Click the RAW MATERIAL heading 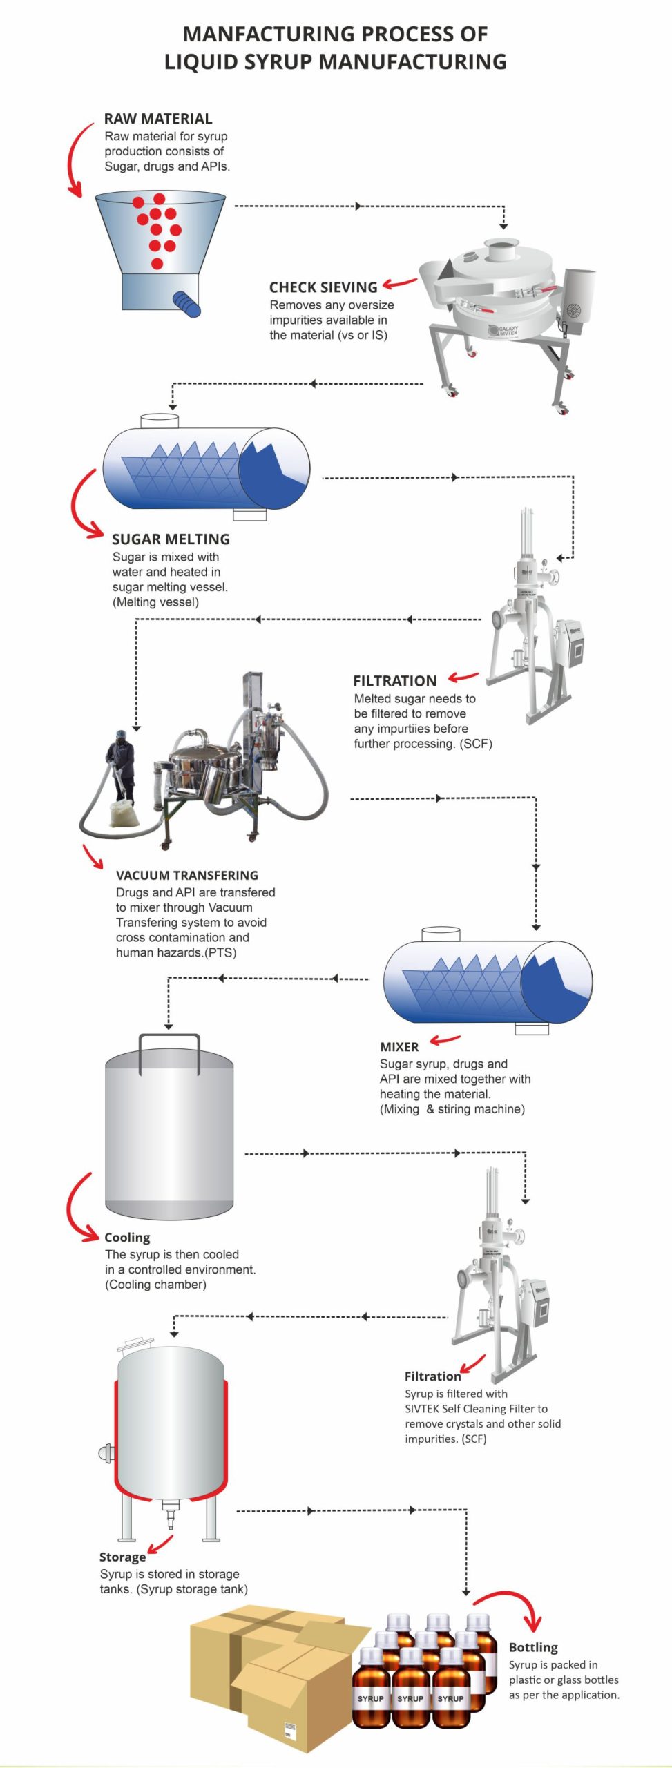tap(158, 119)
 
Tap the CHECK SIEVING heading tap(323, 287)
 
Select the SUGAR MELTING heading tap(171, 539)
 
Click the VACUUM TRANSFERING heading tap(187, 875)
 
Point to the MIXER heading tap(399, 1046)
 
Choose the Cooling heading tap(127, 1237)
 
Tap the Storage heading tap(122, 1557)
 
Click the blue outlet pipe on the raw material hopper tap(186, 303)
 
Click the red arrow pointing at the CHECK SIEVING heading tap(400, 282)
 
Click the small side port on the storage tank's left tap(105, 1453)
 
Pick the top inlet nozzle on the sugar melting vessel tap(160, 421)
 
